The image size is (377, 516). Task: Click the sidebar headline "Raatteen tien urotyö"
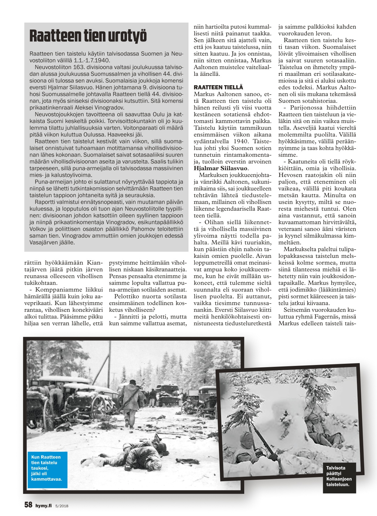88,36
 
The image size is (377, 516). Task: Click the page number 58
28,505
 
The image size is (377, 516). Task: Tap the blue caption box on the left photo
47,468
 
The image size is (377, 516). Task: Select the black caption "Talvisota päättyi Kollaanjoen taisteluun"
339,476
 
